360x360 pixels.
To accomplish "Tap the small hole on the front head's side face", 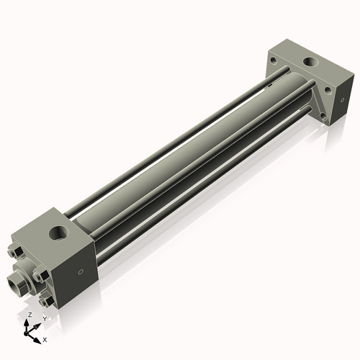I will (80, 271).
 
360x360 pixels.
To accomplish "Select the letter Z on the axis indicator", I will (29, 315).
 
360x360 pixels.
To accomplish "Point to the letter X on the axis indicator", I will (45, 338).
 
